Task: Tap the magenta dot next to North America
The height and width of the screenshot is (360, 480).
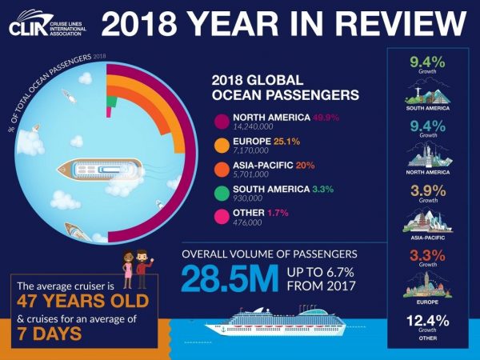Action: (x=222, y=121)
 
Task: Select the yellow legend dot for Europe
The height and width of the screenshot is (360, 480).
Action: (x=222, y=146)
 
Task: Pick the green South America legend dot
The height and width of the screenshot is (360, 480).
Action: (x=222, y=191)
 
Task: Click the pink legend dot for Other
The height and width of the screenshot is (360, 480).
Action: (x=222, y=214)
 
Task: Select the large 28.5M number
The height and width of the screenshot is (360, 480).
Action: (x=226, y=279)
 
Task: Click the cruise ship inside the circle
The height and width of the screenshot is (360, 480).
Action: (x=100, y=169)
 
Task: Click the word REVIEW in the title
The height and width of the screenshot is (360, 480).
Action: (x=400, y=26)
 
